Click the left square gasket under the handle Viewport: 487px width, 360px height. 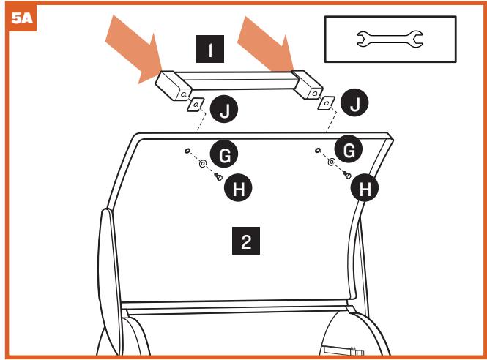pyautogui.click(x=196, y=105)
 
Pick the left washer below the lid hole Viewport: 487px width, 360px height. pyautogui.click(x=203, y=165)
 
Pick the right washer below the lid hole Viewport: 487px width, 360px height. pyautogui.click(x=332, y=162)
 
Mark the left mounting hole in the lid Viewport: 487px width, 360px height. pyautogui.click(x=188, y=151)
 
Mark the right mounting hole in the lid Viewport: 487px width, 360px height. pyautogui.click(x=317, y=150)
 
